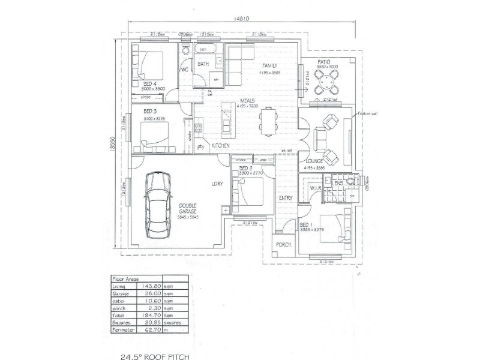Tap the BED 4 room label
coord(150,83)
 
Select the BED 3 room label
coord(150,112)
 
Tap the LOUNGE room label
coord(314,161)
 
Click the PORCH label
coord(283,245)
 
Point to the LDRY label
coord(217,184)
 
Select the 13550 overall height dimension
coord(112,144)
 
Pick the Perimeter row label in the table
coord(124,329)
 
